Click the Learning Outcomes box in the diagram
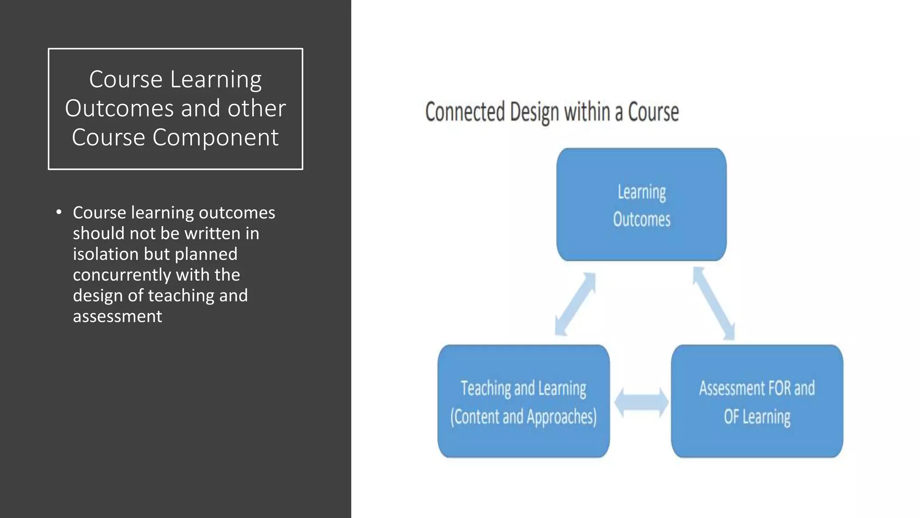[x=641, y=205]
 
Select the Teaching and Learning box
[x=523, y=401]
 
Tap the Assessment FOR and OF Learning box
[x=757, y=401]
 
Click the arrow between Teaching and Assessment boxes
[x=641, y=402]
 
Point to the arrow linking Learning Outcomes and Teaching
[x=575, y=304]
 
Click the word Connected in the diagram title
[x=465, y=112]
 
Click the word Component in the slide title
[x=215, y=138]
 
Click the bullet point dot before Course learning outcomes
[x=59, y=212]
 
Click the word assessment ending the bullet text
[x=117, y=317]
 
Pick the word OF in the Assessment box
[x=730, y=417]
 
